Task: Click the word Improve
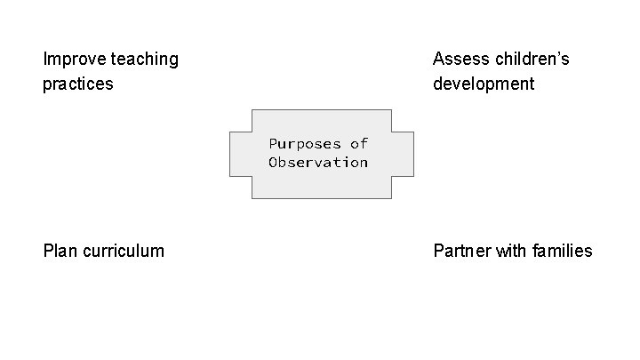75,60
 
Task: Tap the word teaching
145,60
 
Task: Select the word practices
78,84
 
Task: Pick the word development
484,84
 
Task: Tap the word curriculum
124,251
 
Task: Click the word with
511,251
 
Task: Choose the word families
563,251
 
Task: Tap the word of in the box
359,143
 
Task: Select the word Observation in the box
318,162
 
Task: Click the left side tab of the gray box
240,154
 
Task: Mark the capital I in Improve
45,60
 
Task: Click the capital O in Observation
274,162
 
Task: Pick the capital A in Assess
439,60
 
